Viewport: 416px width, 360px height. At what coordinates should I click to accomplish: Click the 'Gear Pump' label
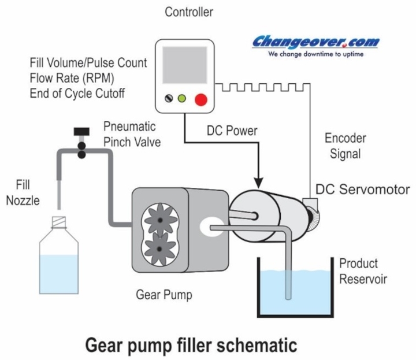click(164, 295)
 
